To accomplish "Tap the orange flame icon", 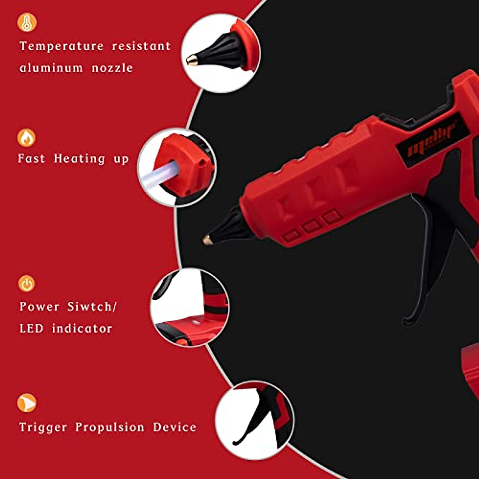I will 26,138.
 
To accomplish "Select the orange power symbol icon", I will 26,283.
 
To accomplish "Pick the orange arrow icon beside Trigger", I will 27,403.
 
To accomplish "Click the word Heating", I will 79,159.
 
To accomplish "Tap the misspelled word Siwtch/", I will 92,307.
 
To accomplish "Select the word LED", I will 31,329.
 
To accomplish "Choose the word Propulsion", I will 110,427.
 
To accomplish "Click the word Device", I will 175,427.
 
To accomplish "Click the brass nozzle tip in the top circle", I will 192,60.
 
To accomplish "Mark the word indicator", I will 82,329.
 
